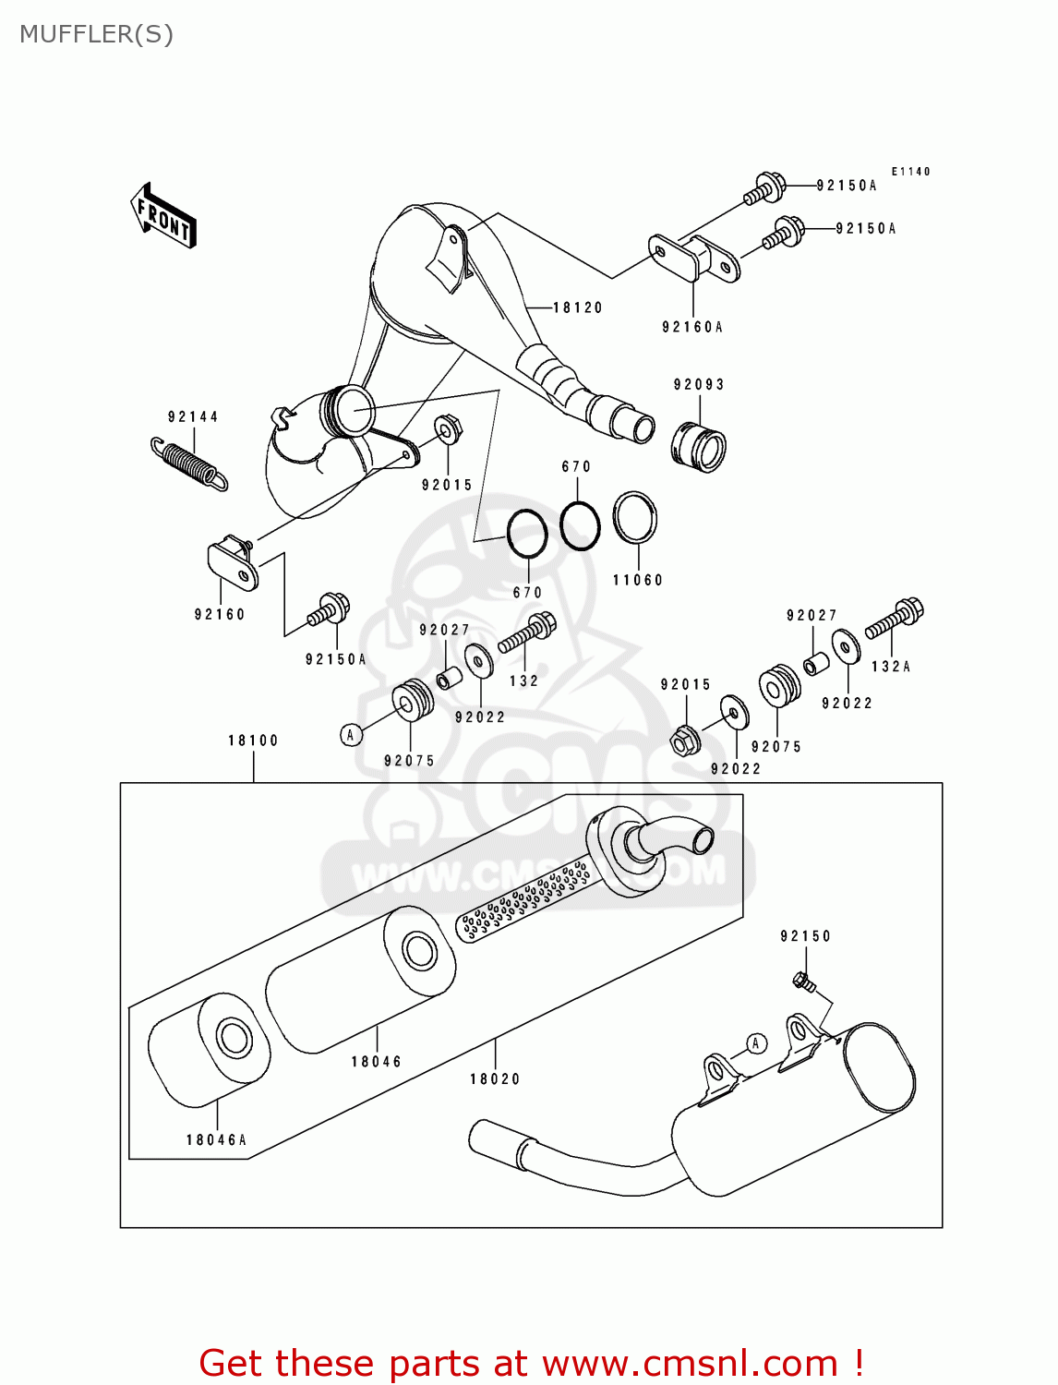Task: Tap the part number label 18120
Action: (x=577, y=307)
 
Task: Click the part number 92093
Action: (x=699, y=384)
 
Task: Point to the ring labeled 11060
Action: (x=635, y=518)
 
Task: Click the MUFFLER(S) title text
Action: (x=96, y=34)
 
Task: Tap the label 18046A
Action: (x=216, y=1139)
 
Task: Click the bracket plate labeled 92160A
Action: (x=694, y=259)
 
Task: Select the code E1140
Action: (x=910, y=172)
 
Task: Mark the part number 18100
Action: (x=253, y=741)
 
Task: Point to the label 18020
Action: (x=495, y=1078)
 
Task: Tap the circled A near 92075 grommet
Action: (x=350, y=735)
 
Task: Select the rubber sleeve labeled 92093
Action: (x=698, y=448)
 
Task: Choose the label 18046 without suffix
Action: (x=376, y=1062)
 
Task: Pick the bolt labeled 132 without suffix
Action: (x=528, y=633)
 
